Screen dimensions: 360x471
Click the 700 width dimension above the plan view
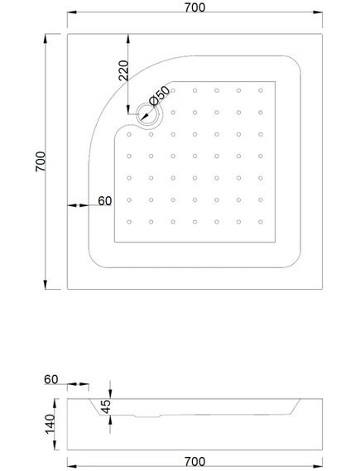(x=194, y=7)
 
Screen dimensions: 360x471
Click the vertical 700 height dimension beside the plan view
(x=41, y=161)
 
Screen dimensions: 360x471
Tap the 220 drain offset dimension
(x=123, y=70)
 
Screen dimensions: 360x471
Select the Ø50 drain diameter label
(x=160, y=95)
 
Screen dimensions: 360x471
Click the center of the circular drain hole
(x=149, y=114)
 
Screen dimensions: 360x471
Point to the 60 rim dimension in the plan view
(x=105, y=200)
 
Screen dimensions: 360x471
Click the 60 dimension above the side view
(x=51, y=379)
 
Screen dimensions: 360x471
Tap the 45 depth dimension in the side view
(x=106, y=406)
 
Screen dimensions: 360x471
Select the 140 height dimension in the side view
(x=50, y=424)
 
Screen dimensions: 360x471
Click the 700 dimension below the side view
(x=194, y=461)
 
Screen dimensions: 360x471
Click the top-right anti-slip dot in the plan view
(x=261, y=90)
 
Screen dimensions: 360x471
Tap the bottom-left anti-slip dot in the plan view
(x=129, y=222)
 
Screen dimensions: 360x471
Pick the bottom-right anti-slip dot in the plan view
(x=261, y=222)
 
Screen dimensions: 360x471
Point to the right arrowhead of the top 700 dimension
(x=318, y=12)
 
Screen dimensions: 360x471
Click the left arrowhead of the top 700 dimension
(x=72, y=12)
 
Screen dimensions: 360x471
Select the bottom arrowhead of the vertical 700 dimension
(x=46, y=285)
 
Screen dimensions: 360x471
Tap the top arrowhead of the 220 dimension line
(x=128, y=39)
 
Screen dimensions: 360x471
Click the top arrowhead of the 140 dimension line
(x=55, y=403)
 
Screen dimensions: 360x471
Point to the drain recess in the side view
(x=147, y=416)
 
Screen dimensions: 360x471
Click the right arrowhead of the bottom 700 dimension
(x=318, y=467)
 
